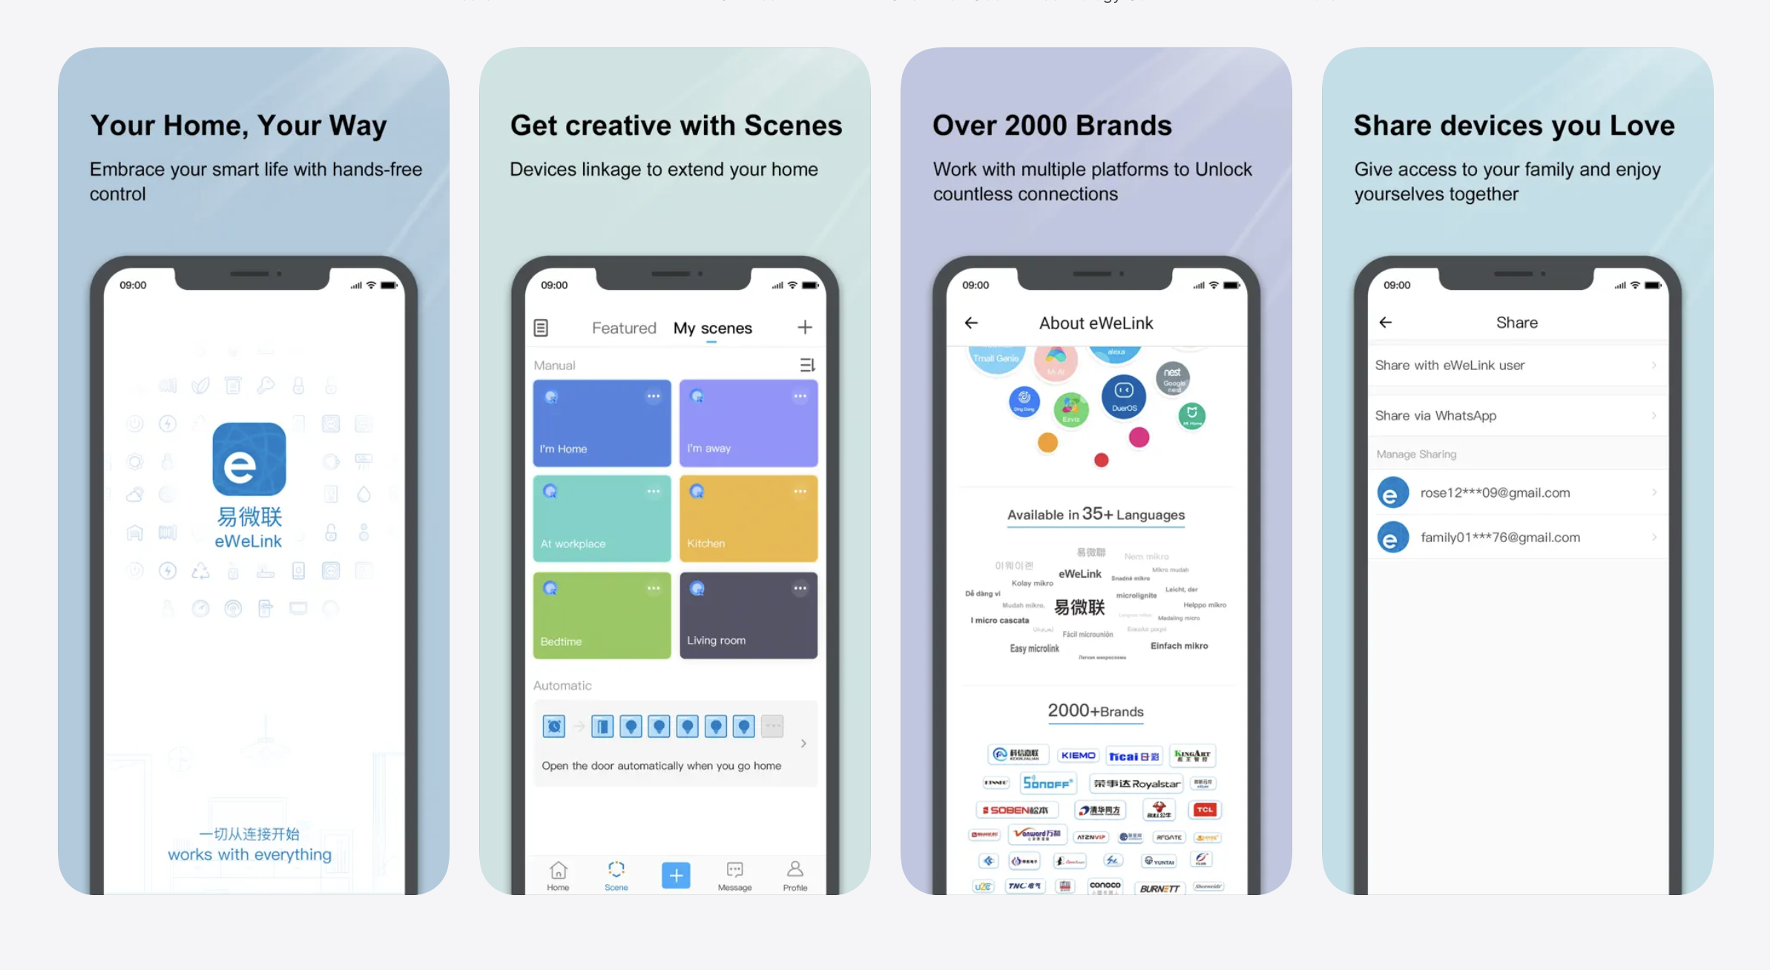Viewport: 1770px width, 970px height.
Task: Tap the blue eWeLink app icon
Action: pyautogui.click(x=249, y=459)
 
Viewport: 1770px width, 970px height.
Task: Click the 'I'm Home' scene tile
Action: pyautogui.click(x=602, y=423)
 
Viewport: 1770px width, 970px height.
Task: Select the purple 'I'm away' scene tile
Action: pyautogui.click(x=748, y=423)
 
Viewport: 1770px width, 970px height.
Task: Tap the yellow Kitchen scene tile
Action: pyautogui.click(x=748, y=518)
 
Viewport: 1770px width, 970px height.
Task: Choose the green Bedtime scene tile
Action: pyautogui.click(x=602, y=615)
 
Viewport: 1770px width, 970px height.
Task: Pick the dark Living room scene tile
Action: pyautogui.click(x=748, y=615)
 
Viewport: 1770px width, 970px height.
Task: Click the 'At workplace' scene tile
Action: pyautogui.click(x=602, y=518)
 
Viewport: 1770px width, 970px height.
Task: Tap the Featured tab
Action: pyautogui.click(x=624, y=328)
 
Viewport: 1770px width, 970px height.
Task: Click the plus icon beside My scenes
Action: pyautogui.click(x=805, y=327)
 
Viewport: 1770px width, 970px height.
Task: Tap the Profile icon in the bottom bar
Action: pyautogui.click(x=794, y=875)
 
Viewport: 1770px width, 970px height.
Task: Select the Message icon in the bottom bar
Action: pyautogui.click(x=734, y=875)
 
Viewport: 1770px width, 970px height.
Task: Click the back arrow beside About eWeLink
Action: pyautogui.click(x=971, y=323)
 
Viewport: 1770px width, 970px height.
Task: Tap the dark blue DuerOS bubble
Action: pyautogui.click(x=1123, y=396)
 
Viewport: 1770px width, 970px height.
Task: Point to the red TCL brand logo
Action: pyautogui.click(x=1204, y=810)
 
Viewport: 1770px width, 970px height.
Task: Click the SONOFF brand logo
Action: pyautogui.click(x=1047, y=783)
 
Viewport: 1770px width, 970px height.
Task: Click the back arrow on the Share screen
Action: pyautogui.click(x=1385, y=323)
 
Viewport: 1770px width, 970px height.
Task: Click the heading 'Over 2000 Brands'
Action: pyautogui.click(x=1052, y=125)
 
